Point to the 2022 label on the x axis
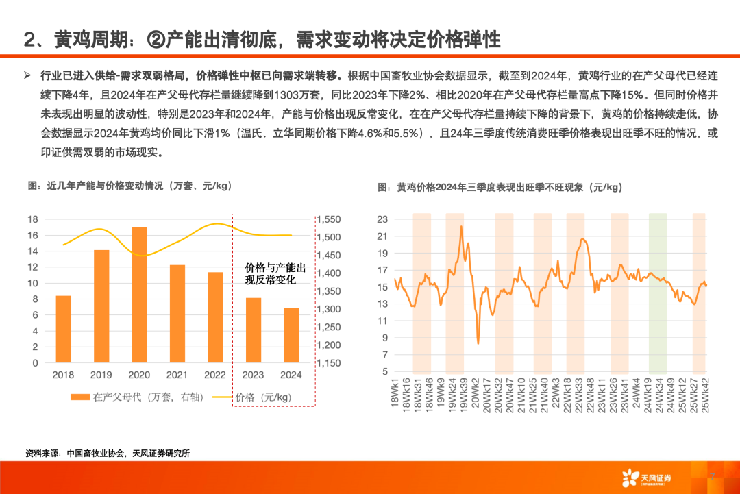tap(215, 375)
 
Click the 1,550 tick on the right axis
tap(328, 219)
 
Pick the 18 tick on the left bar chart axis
tap(32, 219)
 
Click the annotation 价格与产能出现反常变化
tap(275, 273)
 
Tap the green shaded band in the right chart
tap(658, 291)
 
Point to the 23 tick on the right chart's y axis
tap(382, 219)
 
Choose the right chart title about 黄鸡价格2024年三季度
tap(500, 186)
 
